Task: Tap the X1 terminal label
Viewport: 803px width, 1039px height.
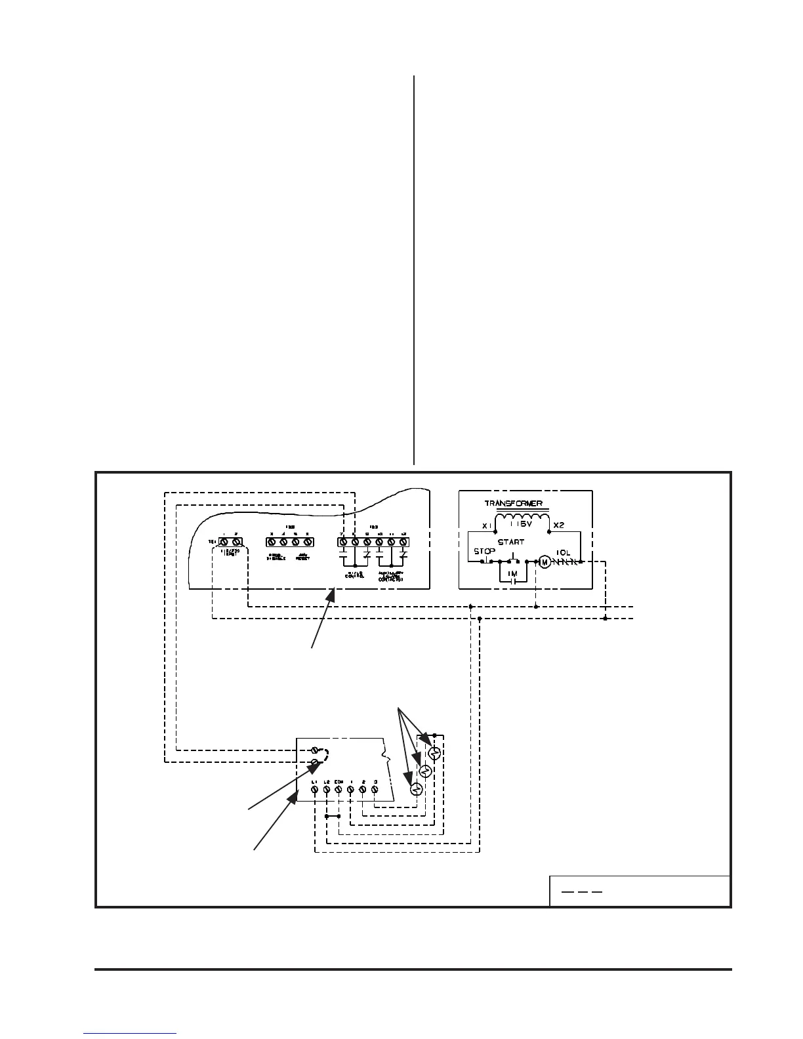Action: pos(485,526)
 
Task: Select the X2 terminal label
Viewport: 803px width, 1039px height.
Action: pos(559,526)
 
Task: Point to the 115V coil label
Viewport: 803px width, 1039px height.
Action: pos(523,525)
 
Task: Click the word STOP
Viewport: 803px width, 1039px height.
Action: pos(484,552)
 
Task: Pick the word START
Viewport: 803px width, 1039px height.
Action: pos(511,542)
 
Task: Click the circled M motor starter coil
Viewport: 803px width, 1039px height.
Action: pos(544,562)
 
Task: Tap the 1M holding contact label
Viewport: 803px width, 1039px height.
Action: pos(513,574)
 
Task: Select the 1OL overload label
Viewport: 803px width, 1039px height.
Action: pos(564,552)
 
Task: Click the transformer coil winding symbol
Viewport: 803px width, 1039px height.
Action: pos(522,516)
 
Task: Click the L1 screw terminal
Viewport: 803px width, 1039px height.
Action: pos(315,790)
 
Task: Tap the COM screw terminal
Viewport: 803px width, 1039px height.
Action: pos(339,790)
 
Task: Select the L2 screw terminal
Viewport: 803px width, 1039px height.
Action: pos(327,790)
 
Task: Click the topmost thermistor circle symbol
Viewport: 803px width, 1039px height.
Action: pos(433,753)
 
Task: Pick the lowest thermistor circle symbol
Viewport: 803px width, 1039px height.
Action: pos(416,790)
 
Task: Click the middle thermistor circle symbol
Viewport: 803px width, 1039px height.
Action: pos(424,771)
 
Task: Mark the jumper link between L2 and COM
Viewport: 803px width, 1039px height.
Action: pos(333,817)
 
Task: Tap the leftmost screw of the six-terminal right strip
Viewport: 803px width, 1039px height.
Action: pos(343,542)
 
